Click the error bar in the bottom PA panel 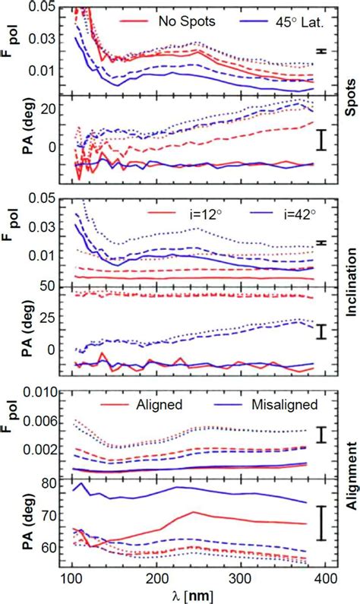click(322, 523)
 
